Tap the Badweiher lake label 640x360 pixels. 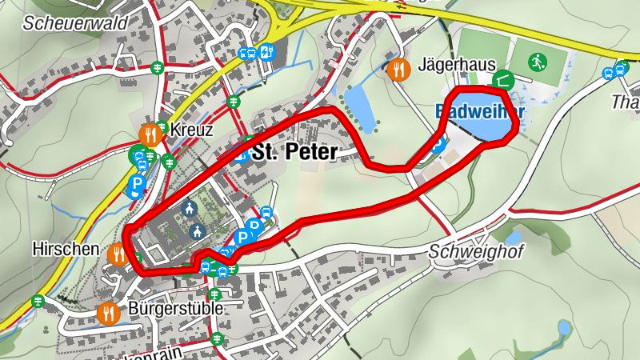(480, 112)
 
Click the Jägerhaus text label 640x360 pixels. (457, 65)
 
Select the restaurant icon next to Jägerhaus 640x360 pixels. (398, 70)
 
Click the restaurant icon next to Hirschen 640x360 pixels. (118, 254)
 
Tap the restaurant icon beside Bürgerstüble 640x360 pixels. (107, 312)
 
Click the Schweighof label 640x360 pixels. (476, 253)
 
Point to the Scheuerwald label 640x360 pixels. (75, 22)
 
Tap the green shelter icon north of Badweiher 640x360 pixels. (503, 78)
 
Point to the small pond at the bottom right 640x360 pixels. (565, 328)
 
